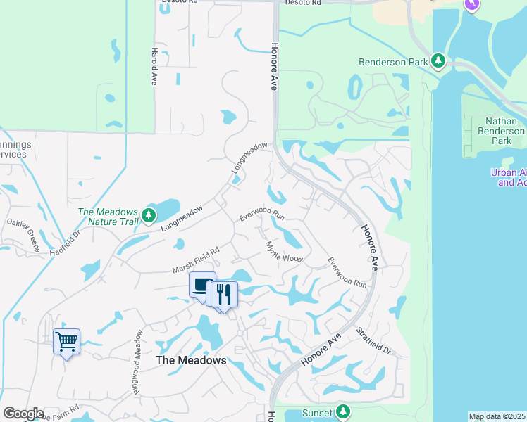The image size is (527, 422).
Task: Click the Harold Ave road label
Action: point(153,67)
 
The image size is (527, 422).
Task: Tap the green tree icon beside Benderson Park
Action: point(438,61)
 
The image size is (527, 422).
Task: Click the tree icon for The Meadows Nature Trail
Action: point(148,215)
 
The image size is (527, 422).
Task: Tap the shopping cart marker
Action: point(66,343)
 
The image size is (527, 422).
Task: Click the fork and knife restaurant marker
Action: point(224,294)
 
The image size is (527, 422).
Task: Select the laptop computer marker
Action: point(202,285)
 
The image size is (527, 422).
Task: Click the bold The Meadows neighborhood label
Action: point(191,360)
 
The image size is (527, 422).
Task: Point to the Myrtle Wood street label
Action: point(284,252)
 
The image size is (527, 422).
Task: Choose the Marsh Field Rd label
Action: point(197,260)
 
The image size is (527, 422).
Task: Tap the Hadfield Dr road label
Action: point(66,245)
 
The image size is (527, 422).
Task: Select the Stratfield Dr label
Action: point(373,340)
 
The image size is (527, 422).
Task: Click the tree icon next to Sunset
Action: point(342,411)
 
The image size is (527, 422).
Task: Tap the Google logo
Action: point(23,414)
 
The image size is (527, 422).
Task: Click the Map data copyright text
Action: point(496,416)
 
